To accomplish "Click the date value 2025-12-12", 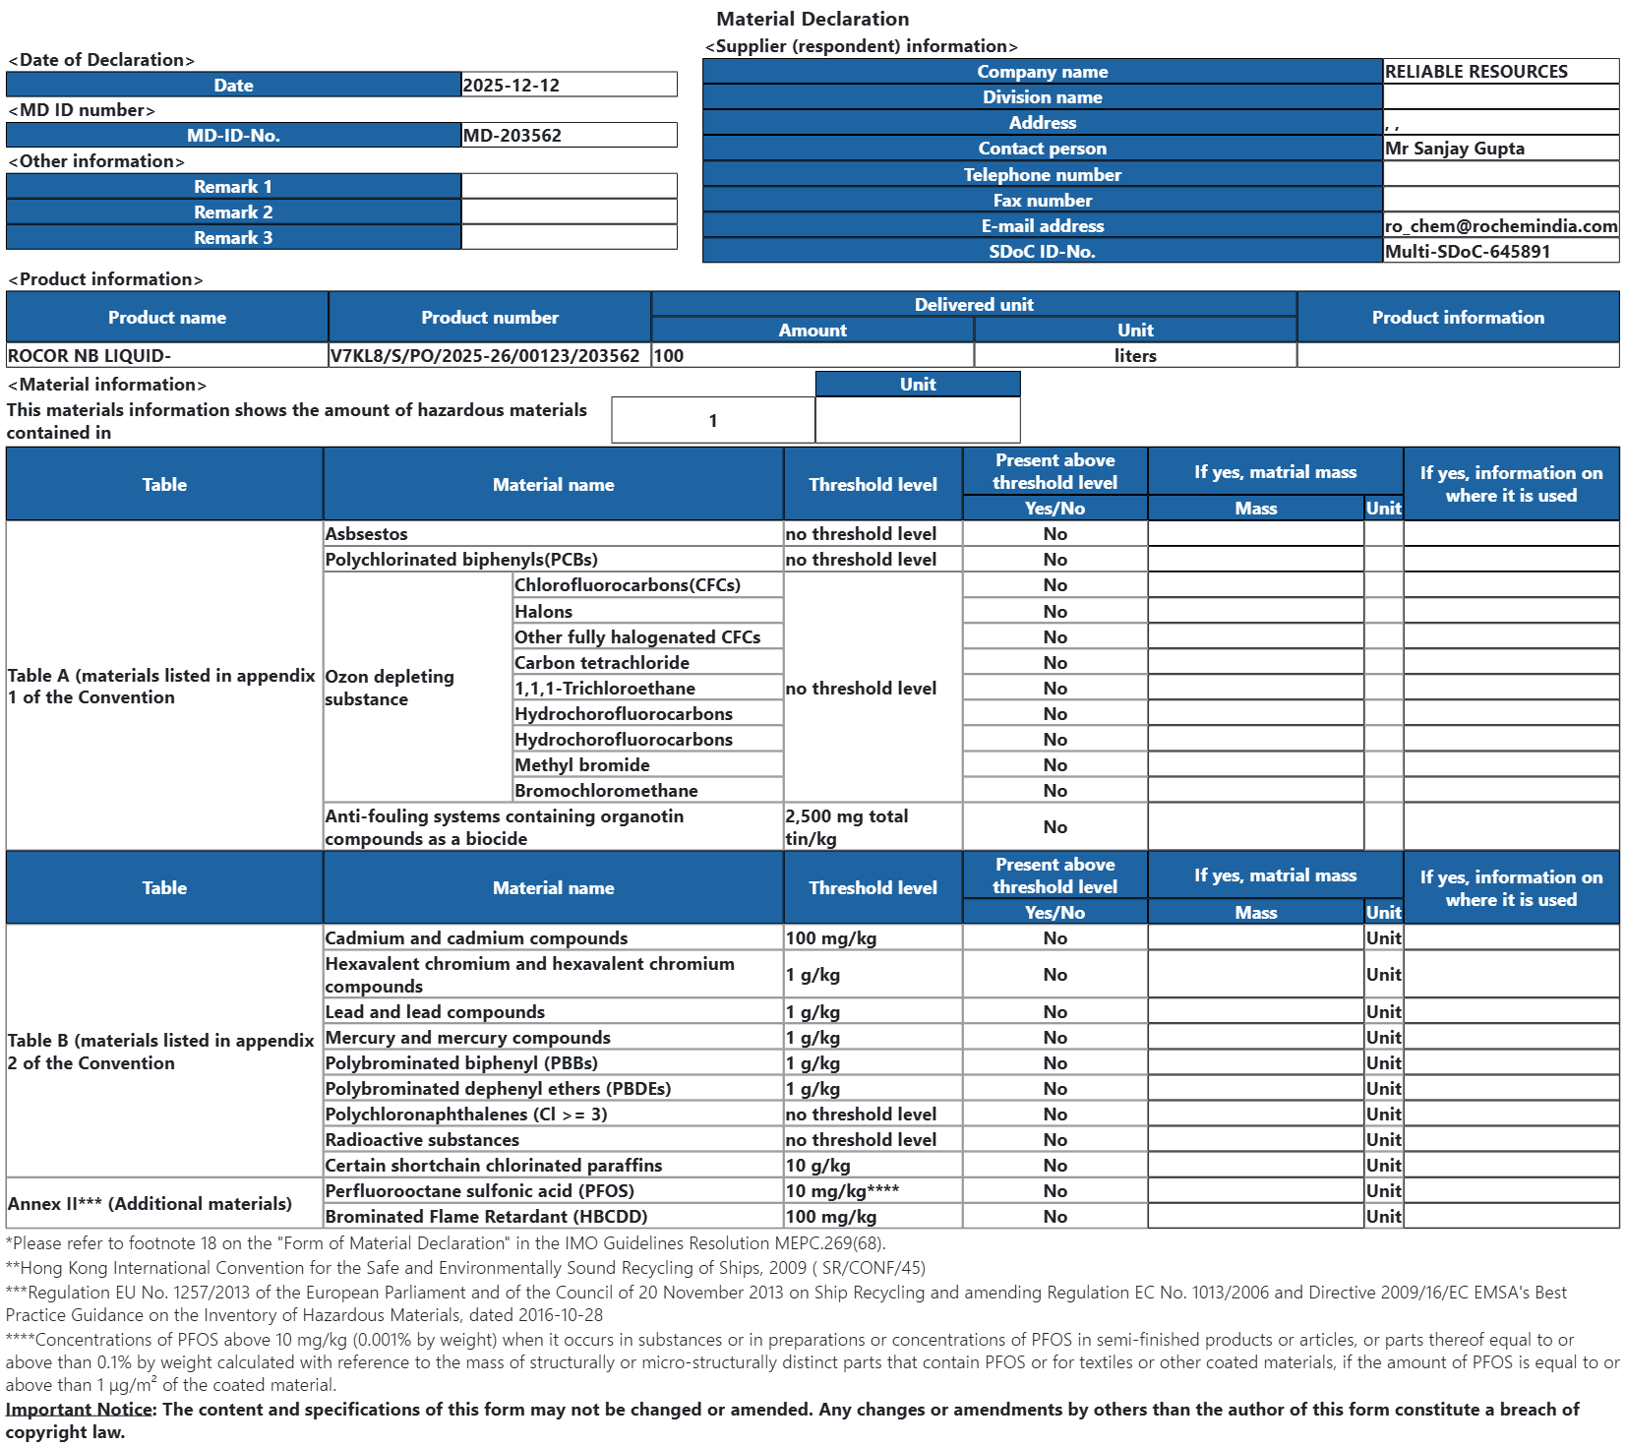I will click(x=512, y=86).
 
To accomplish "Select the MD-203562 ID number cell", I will click(x=512, y=136).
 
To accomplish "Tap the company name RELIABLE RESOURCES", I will click(x=1475, y=72).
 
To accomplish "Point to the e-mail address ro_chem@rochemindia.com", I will click(x=1500, y=226).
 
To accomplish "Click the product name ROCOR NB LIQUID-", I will click(x=90, y=356).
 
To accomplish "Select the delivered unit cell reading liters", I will click(x=1135, y=356).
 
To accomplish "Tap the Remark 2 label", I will click(x=233, y=212).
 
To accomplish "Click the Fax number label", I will click(x=1042, y=201).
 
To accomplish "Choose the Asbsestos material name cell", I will click(x=366, y=534).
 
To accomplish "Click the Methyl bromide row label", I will click(x=581, y=765).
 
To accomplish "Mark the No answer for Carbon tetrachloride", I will click(x=1054, y=663).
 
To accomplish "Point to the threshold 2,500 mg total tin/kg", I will click(x=846, y=827).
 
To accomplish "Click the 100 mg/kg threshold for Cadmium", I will click(x=830, y=938).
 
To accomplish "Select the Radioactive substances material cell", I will click(x=422, y=1140).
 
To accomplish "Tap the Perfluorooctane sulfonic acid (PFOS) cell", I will click(x=479, y=1191).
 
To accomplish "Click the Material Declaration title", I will click(x=813, y=19).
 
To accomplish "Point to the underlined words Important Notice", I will click(x=79, y=1410).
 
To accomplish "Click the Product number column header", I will click(x=489, y=318).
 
